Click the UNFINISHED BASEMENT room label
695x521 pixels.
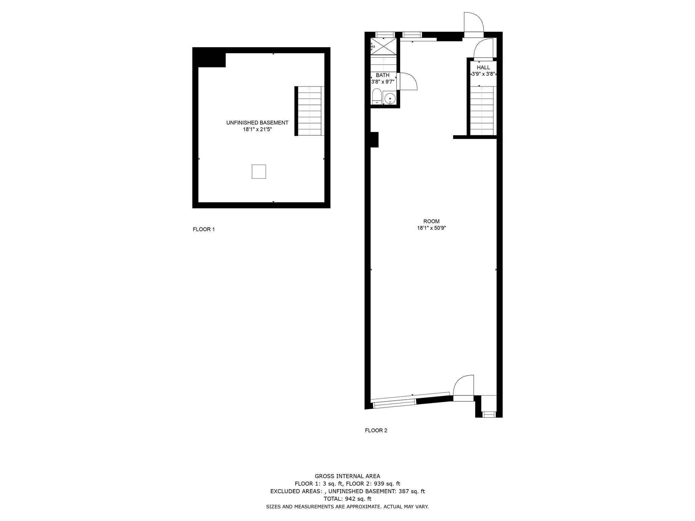tap(257, 123)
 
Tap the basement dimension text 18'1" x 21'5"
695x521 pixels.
tap(257, 129)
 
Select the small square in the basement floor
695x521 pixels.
tap(259, 172)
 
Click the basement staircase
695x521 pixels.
tap(309, 111)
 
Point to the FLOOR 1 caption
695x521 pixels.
tap(204, 229)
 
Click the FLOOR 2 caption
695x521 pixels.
tap(376, 430)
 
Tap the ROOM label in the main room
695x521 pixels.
tap(431, 221)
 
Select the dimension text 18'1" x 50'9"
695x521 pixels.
tap(431, 228)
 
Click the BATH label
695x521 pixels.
tap(382, 75)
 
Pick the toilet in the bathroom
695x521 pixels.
tap(377, 96)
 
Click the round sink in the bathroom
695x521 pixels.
tap(390, 97)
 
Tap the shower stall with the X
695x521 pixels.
tap(383, 46)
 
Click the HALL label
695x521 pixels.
tap(483, 67)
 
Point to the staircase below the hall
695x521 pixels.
tap(482, 110)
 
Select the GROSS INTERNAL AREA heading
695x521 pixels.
tap(347, 476)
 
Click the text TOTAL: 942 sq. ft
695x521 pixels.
tap(347, 499)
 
